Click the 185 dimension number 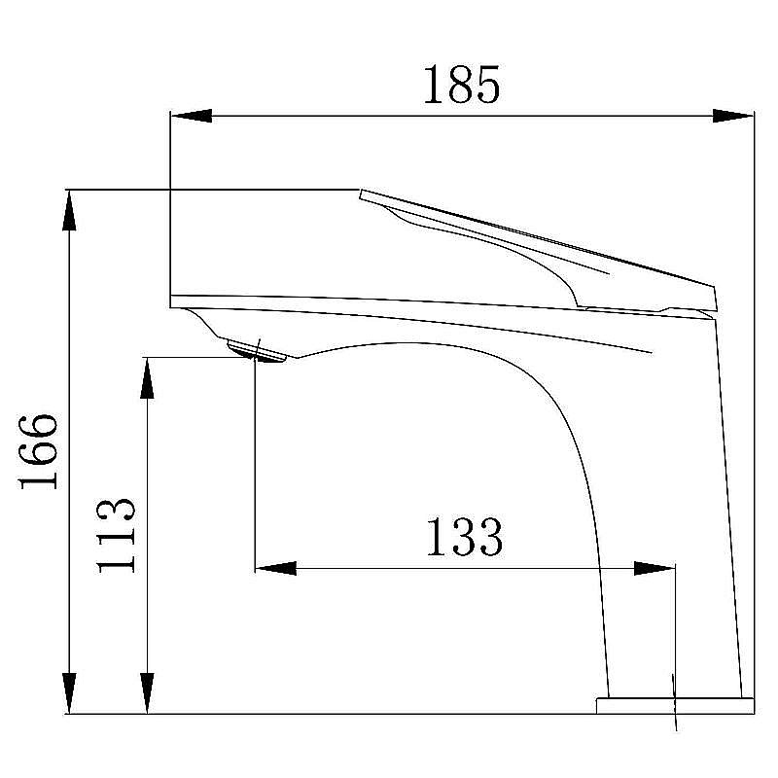(x=461, y=85)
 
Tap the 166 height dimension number (x=38, y=451)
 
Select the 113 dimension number (x=115, y=536)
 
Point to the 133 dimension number (x=465, y=537)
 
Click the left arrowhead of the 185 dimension (x=191, y=116)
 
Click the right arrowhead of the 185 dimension (x=733, y=116)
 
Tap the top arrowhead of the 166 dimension (x=69, y=210)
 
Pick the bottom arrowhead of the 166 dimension (x=69, y=693)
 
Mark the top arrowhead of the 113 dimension (x=147, y=377)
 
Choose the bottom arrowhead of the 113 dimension (x=147, y=693)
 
